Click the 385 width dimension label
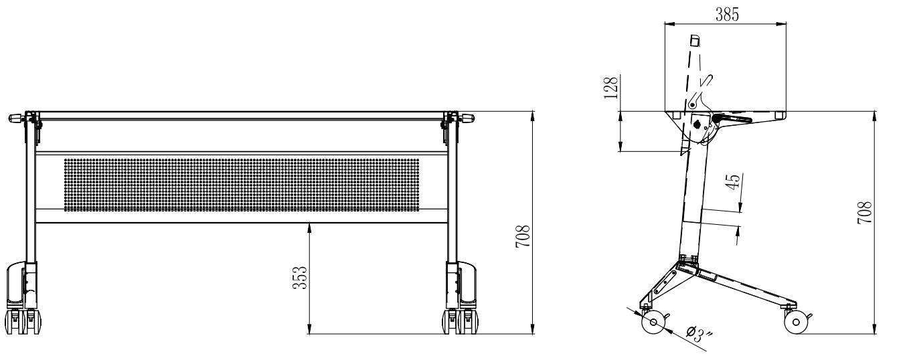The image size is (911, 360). coord(727,15)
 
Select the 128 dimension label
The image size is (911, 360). coord(611,87)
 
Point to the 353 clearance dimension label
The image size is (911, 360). coord(300,278)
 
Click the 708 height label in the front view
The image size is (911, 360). coord(523,236)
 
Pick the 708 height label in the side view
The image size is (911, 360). coord(865,212)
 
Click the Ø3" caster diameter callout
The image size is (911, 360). coord(699,334)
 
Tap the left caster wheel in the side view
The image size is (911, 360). coord(653,322)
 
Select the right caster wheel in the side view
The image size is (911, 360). coord(796,322)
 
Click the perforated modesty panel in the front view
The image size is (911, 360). coord(242,185)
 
